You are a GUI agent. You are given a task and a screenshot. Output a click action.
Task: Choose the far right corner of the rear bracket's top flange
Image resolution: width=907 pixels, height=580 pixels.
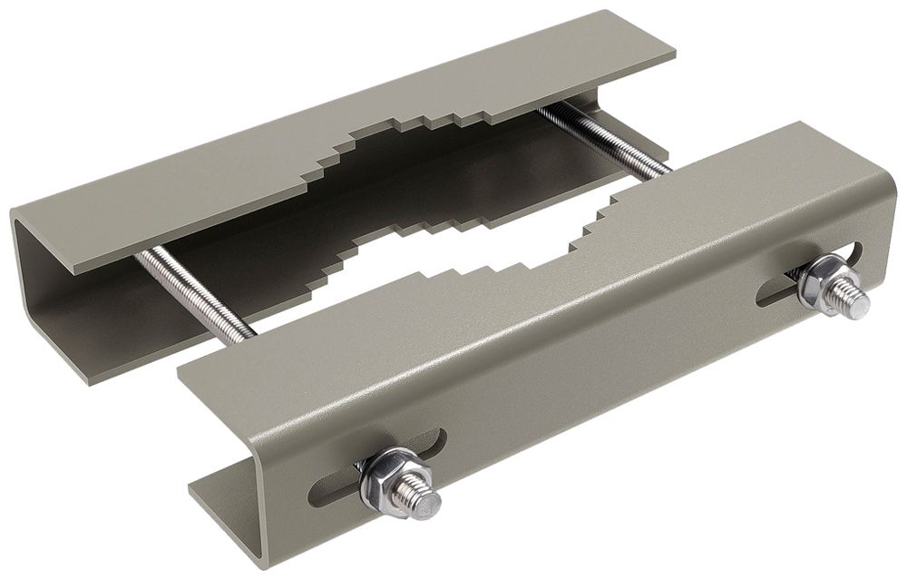tap(673, 53)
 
